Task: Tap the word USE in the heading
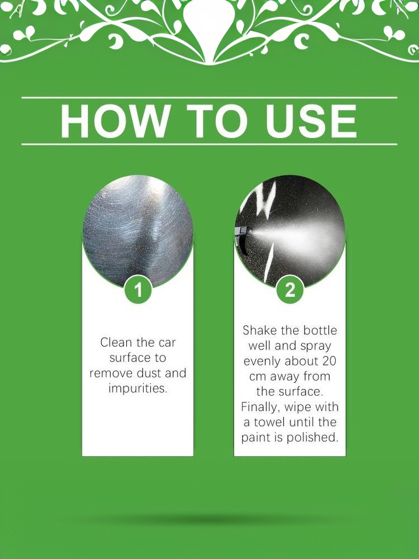tap(311, 121)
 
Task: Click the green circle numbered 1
tap(138, 290)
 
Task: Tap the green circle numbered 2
tap(290, 290)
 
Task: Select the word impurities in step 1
tap(138, 389)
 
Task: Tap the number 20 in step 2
tap(329, 361)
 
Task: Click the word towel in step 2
tap(270, 422)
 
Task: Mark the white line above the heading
tap(209, 97)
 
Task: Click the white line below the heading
tap(209, 144)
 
